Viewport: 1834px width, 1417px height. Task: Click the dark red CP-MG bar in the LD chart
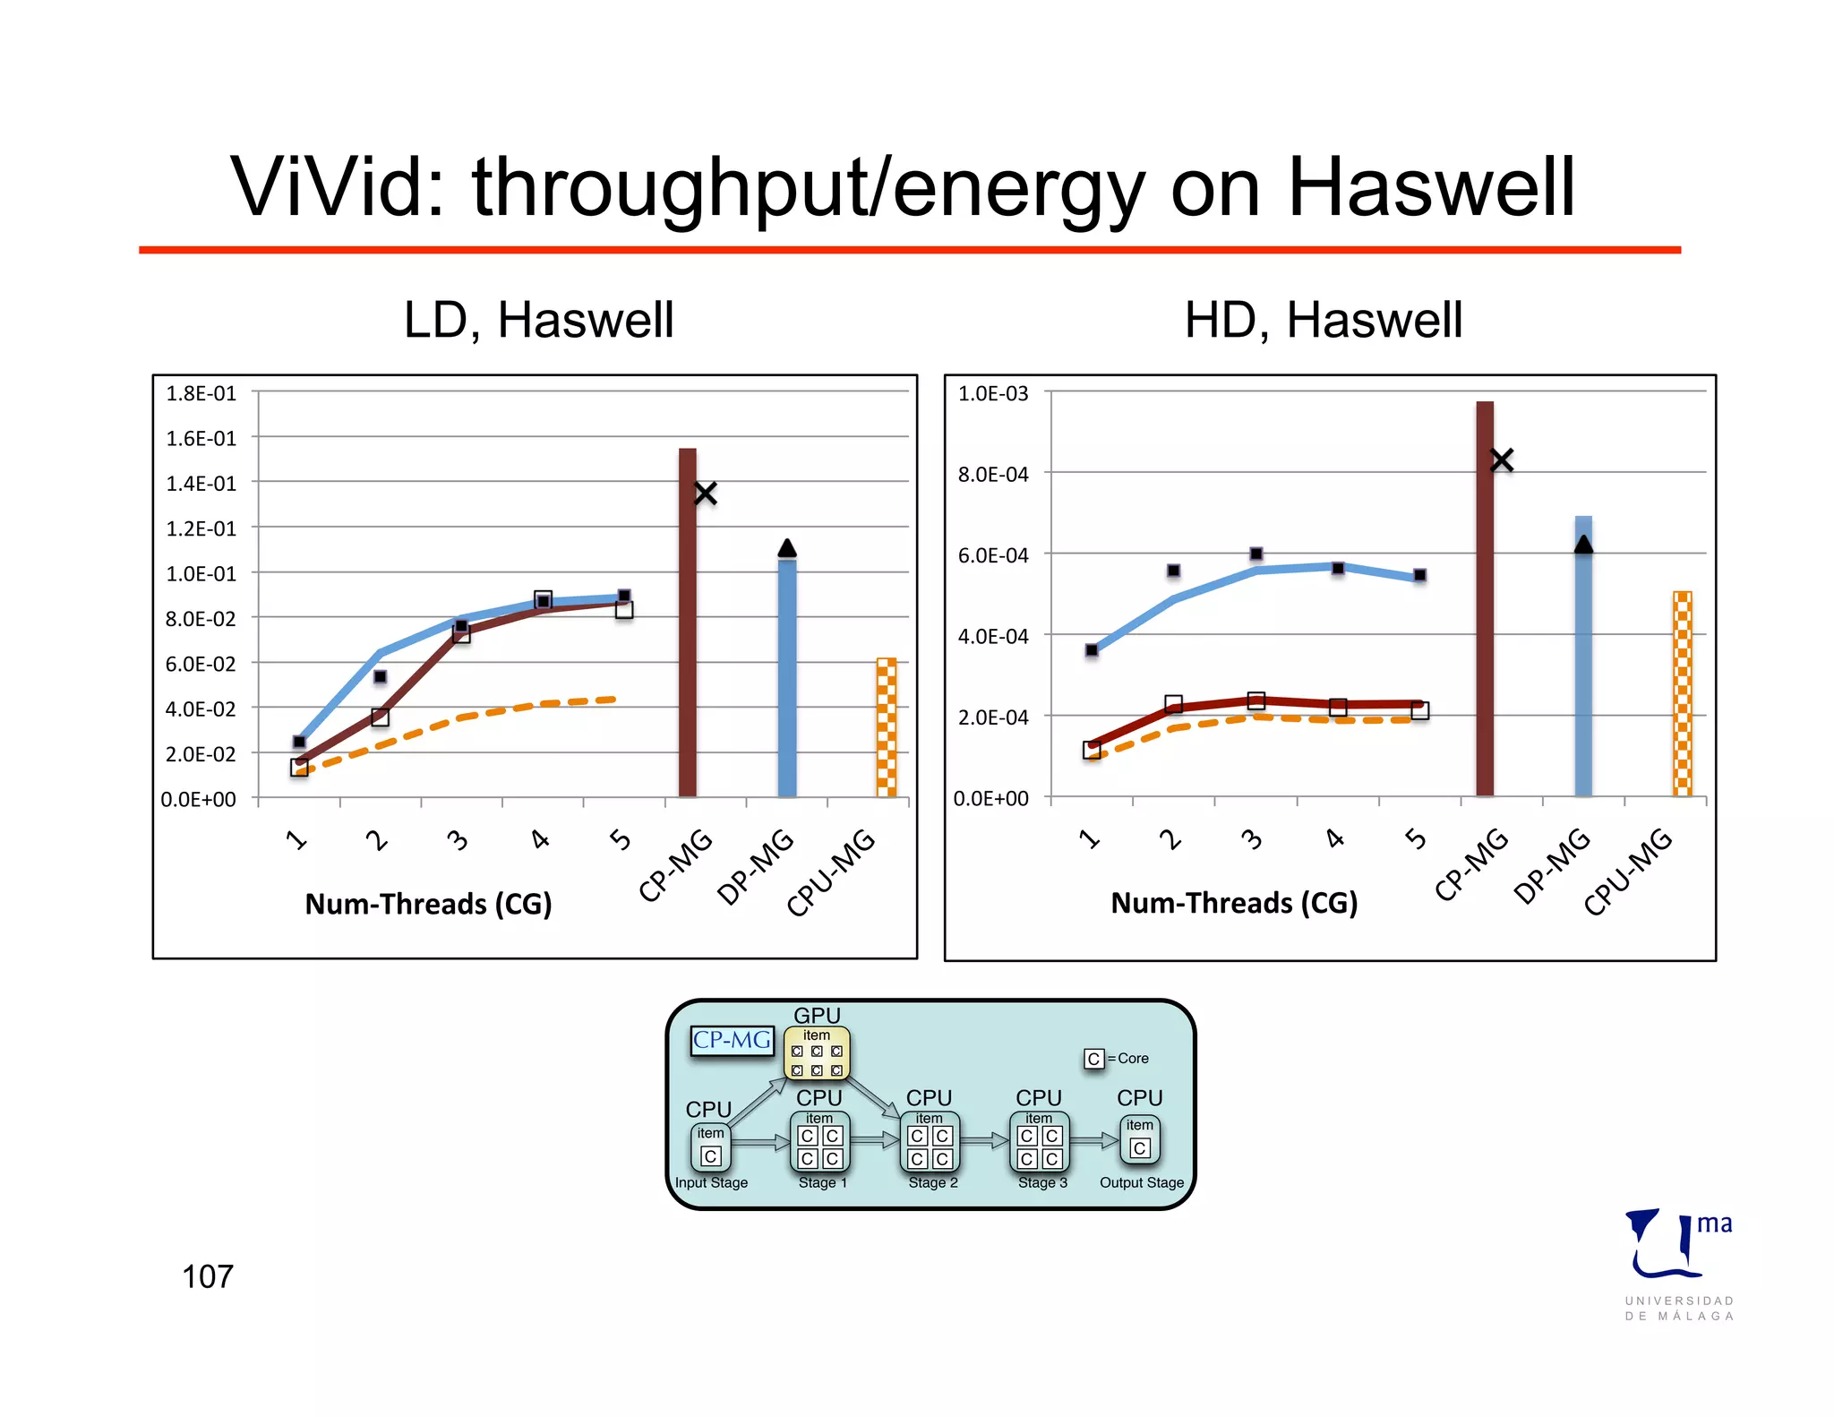click(x=687, y=627)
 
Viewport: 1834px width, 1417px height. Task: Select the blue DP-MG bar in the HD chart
click(x=1583, y=663)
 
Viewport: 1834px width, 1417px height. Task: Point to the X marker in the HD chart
click(x=1502, y=460)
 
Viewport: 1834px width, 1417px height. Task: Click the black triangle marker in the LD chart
click(x=787, y=547)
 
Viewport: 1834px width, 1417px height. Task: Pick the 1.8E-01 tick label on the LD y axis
click(x=201, y=393)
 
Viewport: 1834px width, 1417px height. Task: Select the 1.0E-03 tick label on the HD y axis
click(x=993, y=393)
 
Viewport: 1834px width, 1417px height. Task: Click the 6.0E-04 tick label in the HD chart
click(x=993, y=555)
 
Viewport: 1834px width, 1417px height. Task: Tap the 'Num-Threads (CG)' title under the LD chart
click(x=428, y=904)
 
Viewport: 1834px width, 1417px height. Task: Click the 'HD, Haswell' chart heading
click(x=1323, y=320)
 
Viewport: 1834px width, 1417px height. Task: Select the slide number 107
click(x=207, y=1276)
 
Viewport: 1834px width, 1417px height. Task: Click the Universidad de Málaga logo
click(x=1677, y=1263)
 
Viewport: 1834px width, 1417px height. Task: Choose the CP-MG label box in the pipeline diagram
click(x=732, y=1040)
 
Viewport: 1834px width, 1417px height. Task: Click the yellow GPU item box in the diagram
click(x=817, y=1053)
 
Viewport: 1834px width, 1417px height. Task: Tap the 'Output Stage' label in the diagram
click(x=1142, y=1182)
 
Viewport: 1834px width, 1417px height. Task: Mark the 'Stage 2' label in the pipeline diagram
click(x=933, y=1182)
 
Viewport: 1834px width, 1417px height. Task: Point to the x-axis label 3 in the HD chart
click(x=1252, y=839)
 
